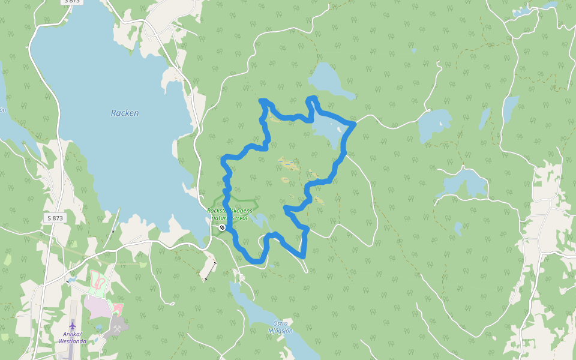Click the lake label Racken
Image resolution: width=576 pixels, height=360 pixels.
point(125,113)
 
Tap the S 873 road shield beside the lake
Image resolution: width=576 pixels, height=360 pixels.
point(55,218)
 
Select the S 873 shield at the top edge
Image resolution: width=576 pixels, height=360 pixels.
point(72,2)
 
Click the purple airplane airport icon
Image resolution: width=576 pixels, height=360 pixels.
point(73,326)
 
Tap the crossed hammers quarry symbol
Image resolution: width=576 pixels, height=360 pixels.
point(118,329)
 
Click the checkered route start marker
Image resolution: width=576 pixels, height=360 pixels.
point(222,227)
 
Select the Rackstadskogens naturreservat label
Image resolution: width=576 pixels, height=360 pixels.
point(232,214)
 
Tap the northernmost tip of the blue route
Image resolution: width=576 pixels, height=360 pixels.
point(262,100)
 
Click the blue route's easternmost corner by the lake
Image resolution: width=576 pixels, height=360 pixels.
point(354,124)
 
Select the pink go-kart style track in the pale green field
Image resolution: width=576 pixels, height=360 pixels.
point(100,280)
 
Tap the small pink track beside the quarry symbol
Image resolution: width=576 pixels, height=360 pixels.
point(118,308)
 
